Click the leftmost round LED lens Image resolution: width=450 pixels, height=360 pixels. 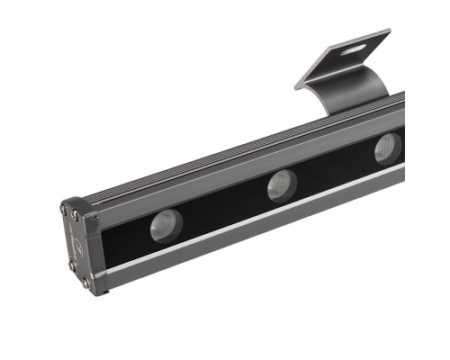coord(166,223)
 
